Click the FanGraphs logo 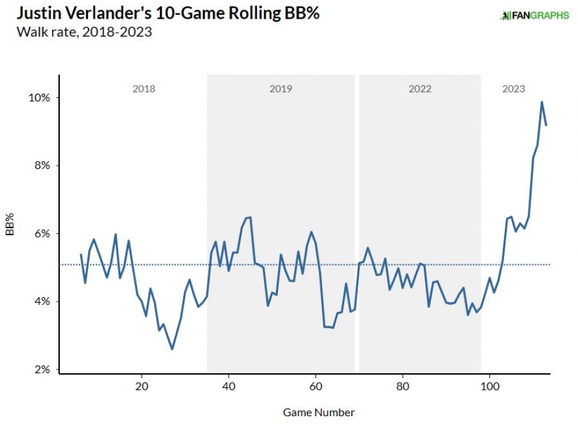[534, 15]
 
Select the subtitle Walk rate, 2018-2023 [76, 32]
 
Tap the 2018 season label [144, 89]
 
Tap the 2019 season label [281, 89]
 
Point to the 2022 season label [420, 89]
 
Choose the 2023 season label [513, 89]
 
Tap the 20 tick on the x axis [142, 387]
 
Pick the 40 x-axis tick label [229, 387]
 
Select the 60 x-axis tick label [315, 387]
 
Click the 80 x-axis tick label [403, 387]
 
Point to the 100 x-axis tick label [489, 387]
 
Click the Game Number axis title [319, 412]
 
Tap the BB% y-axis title [10, 227]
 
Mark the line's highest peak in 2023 [541, 101]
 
